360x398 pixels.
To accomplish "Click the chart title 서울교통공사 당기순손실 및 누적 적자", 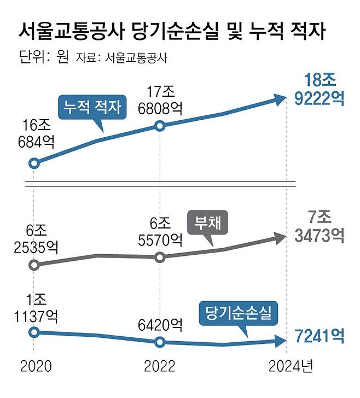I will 172,31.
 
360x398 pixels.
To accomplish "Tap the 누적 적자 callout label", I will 91,107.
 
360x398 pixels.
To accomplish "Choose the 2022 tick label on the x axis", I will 160,365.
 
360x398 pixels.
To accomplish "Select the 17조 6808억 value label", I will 160,97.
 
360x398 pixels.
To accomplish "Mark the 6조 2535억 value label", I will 34,239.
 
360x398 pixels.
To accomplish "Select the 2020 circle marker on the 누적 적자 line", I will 33,163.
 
